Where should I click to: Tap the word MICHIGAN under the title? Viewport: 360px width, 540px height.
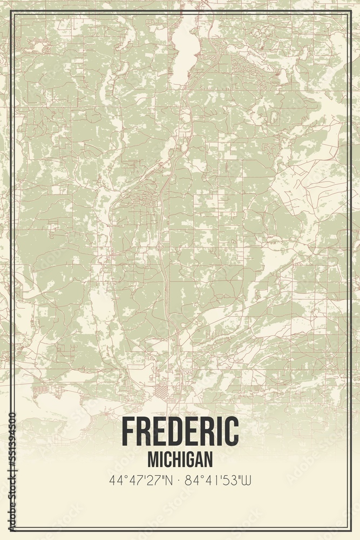coord(180,460)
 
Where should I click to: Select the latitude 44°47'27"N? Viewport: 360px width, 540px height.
coord(140,480)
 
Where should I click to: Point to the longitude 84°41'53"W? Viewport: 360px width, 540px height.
coord(219,480)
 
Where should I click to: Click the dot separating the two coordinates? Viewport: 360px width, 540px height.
coord(179,480)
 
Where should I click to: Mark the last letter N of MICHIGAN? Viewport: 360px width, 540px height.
coord(208,460)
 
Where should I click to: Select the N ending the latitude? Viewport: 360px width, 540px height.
coord(169,480)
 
